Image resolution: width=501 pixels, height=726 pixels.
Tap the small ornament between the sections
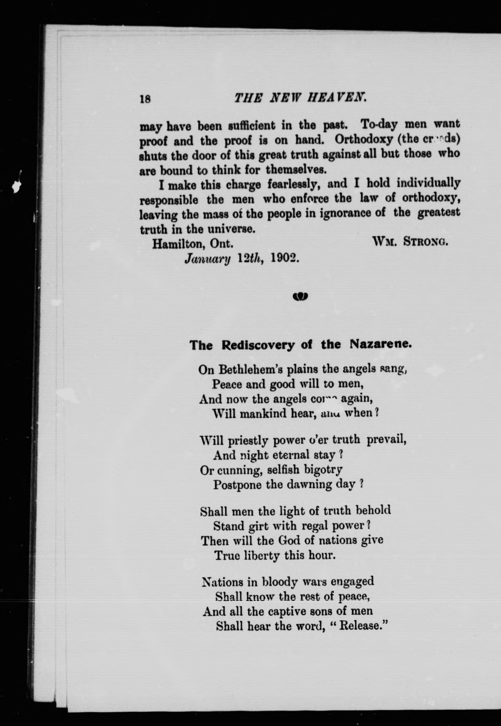click(300, 296)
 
